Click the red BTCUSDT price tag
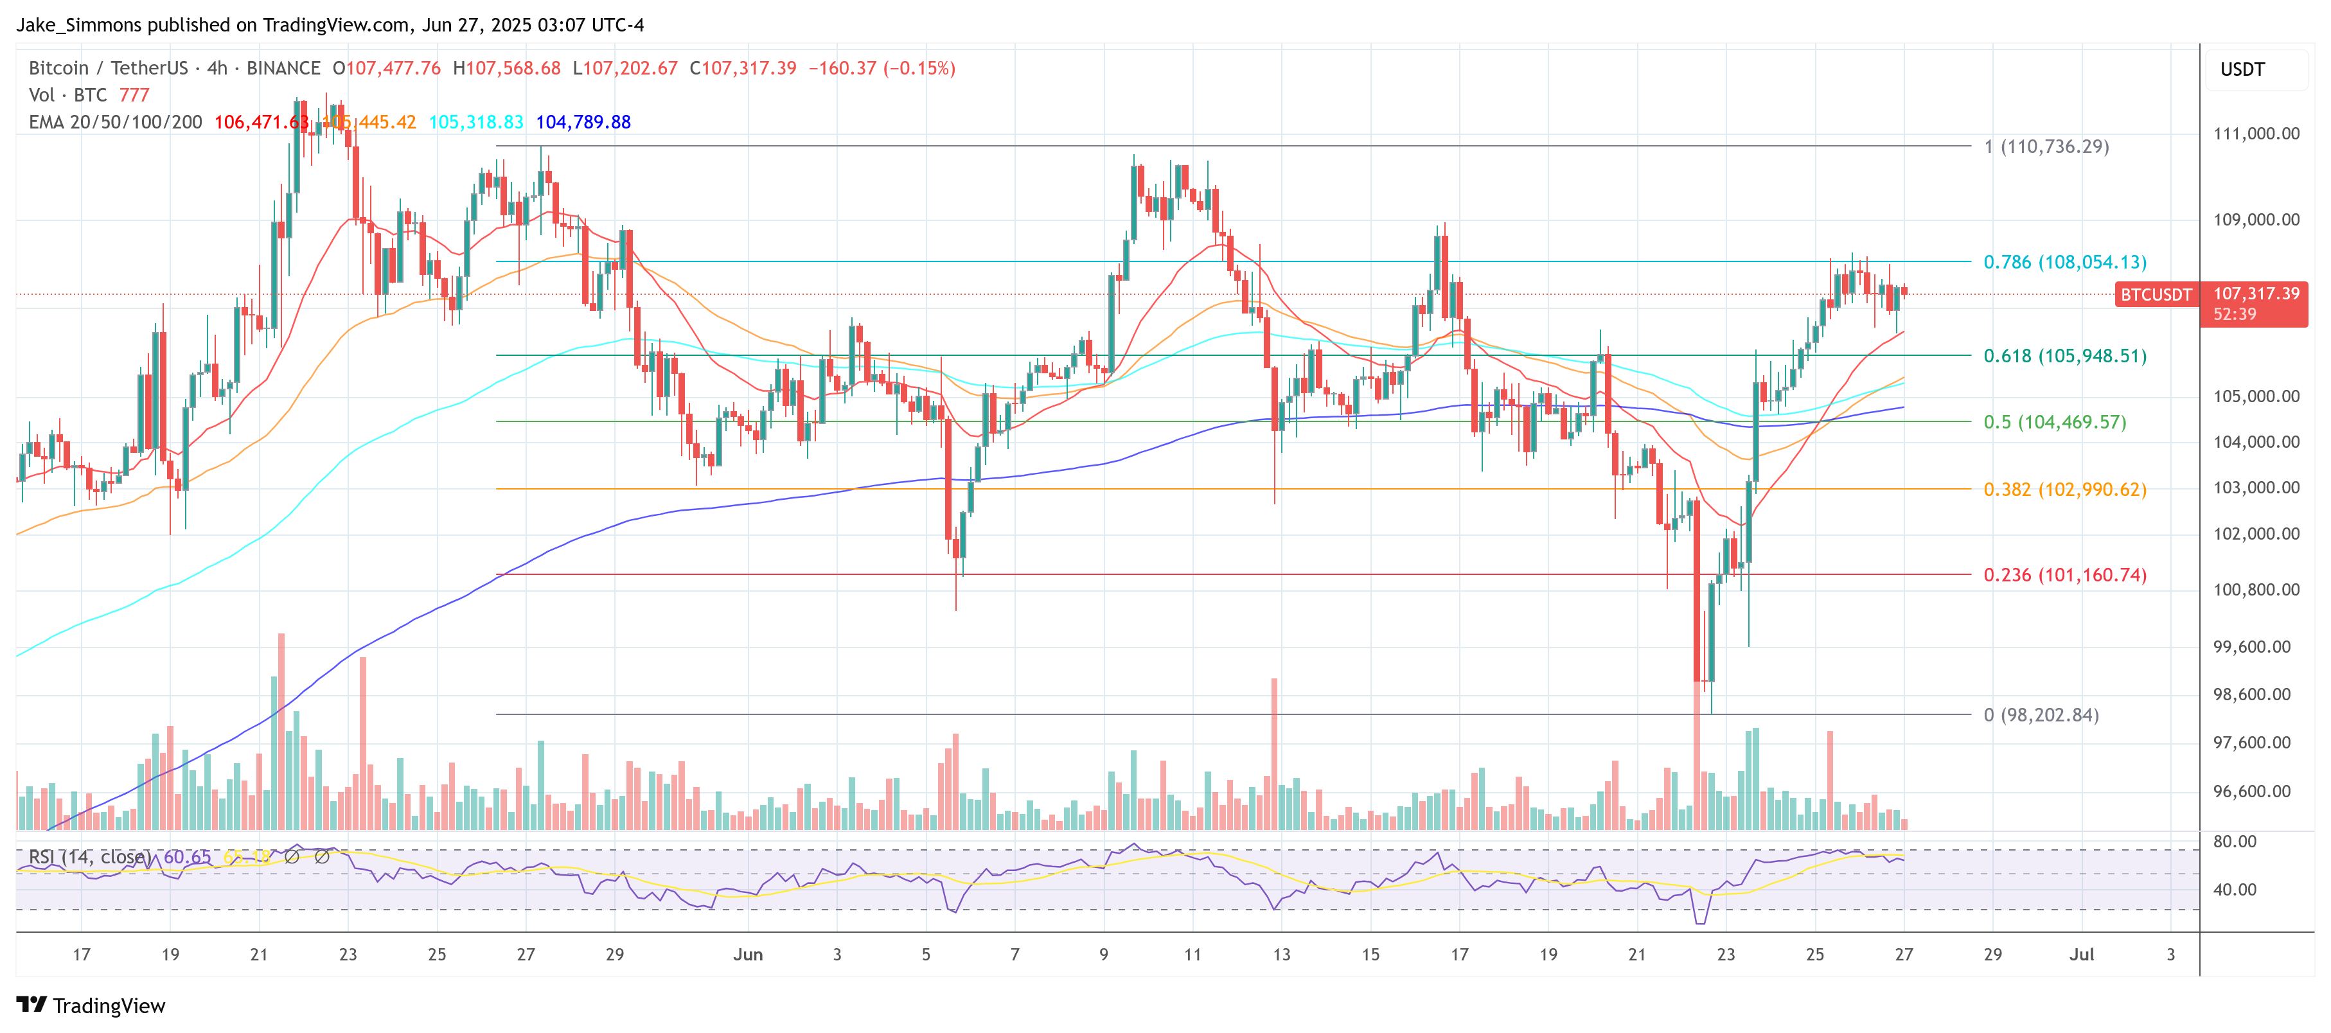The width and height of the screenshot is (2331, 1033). [2156, 295]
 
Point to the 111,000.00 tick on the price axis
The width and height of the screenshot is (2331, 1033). [2256, 134]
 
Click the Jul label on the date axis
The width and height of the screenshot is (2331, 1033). [2081, 954]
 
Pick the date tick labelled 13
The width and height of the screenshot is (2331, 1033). [1281, 954]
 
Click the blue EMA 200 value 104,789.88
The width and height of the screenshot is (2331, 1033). [583, 122]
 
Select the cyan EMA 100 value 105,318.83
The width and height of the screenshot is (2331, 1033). [476, 122]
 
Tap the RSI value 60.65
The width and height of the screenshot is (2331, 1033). [188, 856]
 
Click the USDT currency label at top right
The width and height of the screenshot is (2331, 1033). [2242, 69]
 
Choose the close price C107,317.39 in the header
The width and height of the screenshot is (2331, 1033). [743, 69]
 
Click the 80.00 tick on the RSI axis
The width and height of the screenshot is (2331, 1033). [2234, 841]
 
